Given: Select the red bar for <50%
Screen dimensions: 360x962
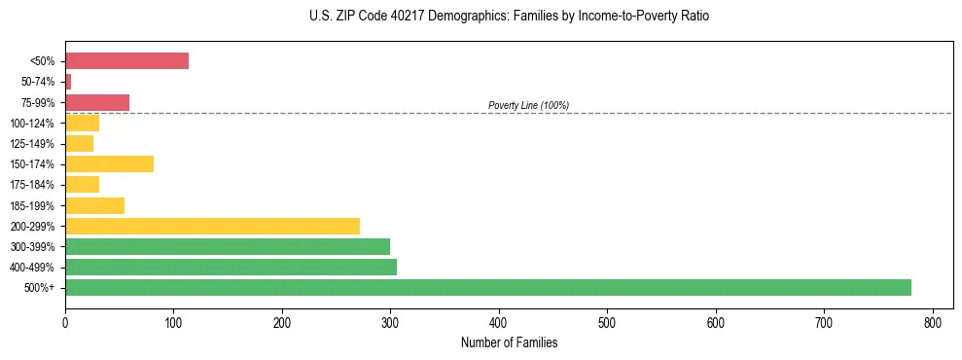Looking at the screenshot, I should pyautogui.click(x=126, y=61).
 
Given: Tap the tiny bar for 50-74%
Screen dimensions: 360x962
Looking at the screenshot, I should pyautogui.click(x=68, y=82).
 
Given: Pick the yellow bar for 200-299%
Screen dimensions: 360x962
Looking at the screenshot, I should pyautogui.click(x=212, y=226).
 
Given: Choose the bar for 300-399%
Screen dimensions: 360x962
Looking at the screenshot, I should pyautogui.click(x=228, y=246).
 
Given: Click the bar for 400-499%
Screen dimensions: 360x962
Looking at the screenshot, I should pyautogui.click(x=231, y=267).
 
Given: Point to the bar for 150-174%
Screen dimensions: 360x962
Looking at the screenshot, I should pyautogui.click(x=109, y=163).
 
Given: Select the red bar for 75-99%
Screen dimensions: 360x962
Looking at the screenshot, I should pyautogui.click(x=97, y=102).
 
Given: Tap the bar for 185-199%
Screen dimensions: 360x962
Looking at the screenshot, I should pyautogui.click(x=94, y=205).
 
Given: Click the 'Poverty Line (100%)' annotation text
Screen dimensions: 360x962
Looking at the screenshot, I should pyautogui.click(x=528, y=105).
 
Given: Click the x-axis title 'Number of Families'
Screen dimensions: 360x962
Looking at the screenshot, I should pyautogui.click(x=509, y=342).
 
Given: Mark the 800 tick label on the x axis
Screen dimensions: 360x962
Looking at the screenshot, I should pyautogui.click(x=933, y=321).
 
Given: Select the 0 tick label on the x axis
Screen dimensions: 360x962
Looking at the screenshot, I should pyautogui.click(x=65, y=321).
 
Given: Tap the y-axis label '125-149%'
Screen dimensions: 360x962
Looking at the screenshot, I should pyautogui.click(x=32, y=144).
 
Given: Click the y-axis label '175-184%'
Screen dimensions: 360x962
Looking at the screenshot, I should pyautogui.click(x=32, y=185).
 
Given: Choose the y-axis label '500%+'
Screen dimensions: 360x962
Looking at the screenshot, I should pyautogui.click(x=39, y=288).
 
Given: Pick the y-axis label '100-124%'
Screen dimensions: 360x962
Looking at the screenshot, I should pyautogui.click(x=32, y=124).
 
